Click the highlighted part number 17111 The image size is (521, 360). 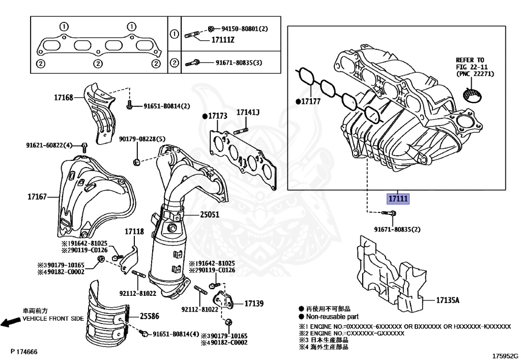click(398, 199)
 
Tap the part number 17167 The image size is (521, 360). click(37, 196)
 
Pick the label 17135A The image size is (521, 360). click(447, 300)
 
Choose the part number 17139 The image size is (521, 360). click(254, 303)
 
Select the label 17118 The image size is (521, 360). click(134, 232)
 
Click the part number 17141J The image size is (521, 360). click(247, 112)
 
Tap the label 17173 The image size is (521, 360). click(217, 117)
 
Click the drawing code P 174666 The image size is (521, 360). click(23, 352)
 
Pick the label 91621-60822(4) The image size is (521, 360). click(49, 145)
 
